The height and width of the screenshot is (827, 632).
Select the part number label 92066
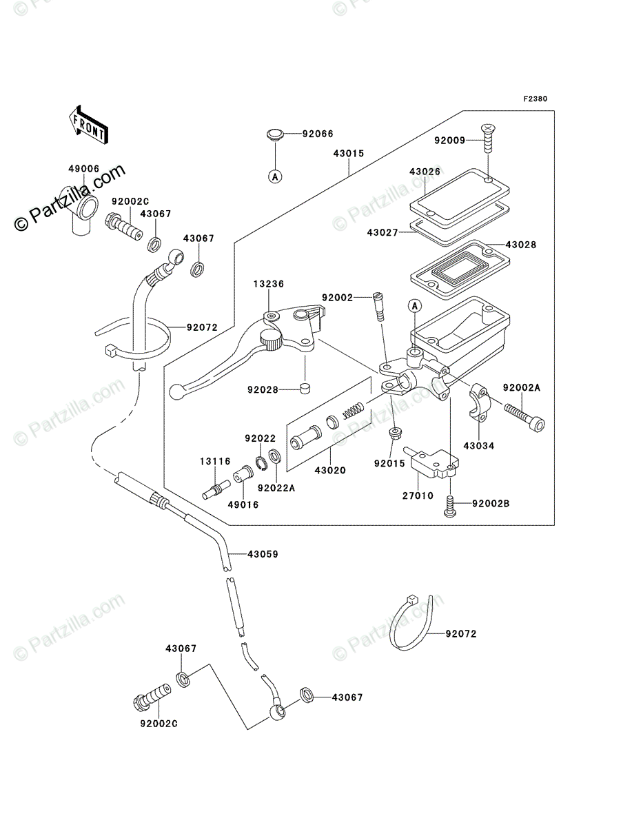318,134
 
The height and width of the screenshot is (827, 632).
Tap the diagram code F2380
535,99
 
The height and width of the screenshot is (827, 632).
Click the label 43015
348,154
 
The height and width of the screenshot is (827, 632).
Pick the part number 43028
520,245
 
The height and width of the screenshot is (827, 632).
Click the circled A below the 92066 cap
275,176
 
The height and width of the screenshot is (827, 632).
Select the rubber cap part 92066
275,135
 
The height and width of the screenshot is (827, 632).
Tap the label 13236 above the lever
269,284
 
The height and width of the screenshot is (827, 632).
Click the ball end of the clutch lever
176,392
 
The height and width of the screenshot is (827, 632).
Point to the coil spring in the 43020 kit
354,409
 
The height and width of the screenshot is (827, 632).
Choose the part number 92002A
522,387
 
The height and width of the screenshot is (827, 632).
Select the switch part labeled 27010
431,461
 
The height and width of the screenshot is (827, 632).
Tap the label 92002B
491,504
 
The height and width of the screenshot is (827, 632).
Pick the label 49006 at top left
83,169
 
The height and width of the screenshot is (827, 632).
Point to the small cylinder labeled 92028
305,388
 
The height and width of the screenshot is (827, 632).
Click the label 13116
215,461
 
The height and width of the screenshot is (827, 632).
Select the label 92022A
276,488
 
